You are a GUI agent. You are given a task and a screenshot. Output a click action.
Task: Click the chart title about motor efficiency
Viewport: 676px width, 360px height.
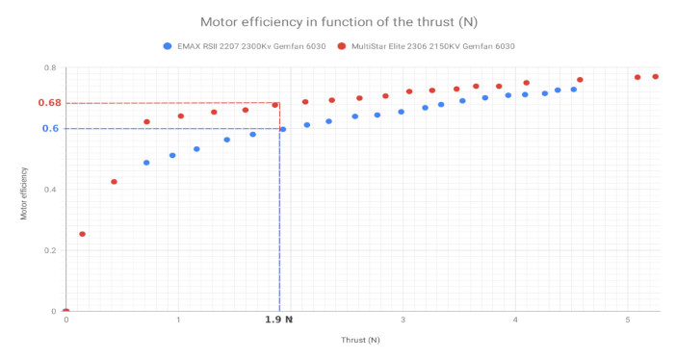pos(339,20)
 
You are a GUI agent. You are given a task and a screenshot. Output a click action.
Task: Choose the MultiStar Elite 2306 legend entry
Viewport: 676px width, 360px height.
pos(434,45)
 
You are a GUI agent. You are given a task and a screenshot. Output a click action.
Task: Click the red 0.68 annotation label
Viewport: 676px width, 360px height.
pos(49,103)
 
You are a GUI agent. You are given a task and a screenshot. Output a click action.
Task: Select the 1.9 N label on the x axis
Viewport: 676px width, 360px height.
pos(278,320)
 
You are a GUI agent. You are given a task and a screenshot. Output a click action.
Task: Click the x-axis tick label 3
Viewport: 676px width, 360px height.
pos(403,320)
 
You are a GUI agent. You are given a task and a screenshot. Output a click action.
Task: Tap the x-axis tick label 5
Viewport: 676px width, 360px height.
pos(628,320)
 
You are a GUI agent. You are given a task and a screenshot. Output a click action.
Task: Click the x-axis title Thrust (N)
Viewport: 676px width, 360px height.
pos(360,340)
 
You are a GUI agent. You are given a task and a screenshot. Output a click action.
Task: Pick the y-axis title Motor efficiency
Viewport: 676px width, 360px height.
pos(24,193)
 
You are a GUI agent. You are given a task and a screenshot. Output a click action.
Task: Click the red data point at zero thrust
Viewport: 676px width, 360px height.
pos(65,311)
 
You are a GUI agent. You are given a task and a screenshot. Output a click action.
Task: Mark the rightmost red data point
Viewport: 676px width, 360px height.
pos(656,77)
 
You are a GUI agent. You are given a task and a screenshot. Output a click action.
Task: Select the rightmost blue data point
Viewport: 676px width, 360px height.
pos(574,90)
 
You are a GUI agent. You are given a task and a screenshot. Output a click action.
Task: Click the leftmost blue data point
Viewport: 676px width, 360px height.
pos(146,163)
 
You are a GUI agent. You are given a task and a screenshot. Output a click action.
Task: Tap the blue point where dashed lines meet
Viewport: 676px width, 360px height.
pos(282,129)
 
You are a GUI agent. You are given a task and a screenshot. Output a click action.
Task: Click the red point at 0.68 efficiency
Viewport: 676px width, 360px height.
pos(275,105)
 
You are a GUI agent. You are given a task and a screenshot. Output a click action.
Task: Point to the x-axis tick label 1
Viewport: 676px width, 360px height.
pos(178,320)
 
